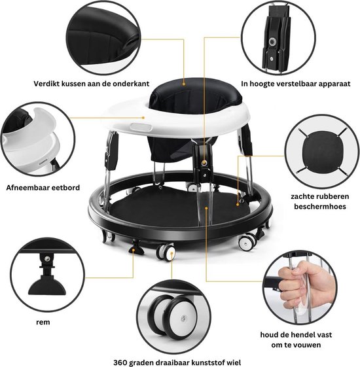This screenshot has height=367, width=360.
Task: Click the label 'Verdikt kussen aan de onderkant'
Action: (x=92, y=84)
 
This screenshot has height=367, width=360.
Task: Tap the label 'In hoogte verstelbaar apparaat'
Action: (x=296, y=84)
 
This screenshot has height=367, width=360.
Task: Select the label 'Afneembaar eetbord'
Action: (x=43, y=188)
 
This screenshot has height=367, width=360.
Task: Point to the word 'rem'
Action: (x=43, y=323)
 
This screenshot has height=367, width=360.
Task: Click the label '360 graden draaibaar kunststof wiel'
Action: (x=177, y=362)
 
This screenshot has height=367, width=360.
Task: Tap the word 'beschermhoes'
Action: (x=320, y=207)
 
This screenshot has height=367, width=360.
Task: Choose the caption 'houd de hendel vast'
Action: (x=296, y=335)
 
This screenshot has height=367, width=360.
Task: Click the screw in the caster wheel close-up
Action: (x=184, y=319)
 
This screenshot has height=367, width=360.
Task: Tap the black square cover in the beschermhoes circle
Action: (x=321, y=151)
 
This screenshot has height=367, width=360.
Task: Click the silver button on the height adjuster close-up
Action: (x=272, y=43)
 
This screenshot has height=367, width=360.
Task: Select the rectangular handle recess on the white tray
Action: (x=141, y=127)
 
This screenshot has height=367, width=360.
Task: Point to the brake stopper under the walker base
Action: (x=135, y=249)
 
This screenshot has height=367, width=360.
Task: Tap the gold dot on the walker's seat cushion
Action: (x=184, y=83)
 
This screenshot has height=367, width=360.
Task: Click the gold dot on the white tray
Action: (x=143, y=118)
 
